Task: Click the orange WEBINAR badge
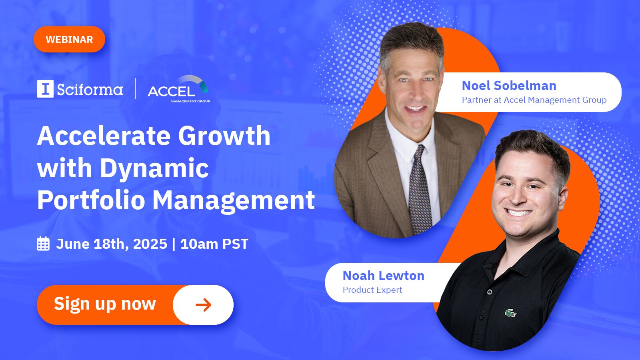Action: (70, 39)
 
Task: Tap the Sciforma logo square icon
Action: (45, 89)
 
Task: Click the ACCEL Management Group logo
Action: (179, 89)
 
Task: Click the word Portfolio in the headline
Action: (91, 200)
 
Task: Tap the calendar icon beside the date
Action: (44, 244)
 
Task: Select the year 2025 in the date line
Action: (150, 244)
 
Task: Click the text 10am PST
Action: (214, 244)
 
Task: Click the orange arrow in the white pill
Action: (204, 305)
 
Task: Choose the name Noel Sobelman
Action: (509, 86)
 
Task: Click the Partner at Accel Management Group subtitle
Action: (534, 100)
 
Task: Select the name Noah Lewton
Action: (384, 276)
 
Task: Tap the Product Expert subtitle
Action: (372, 290)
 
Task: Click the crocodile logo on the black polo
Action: (510, 314)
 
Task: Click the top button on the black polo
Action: (490, 292)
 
